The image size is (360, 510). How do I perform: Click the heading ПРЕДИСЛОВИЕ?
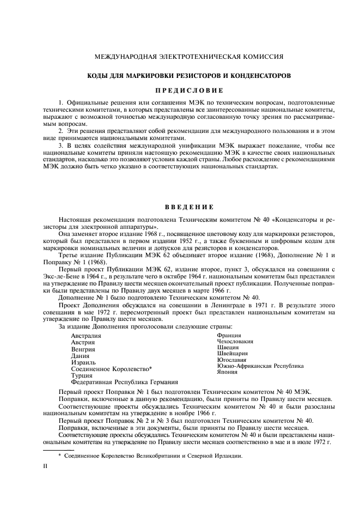(179, 89)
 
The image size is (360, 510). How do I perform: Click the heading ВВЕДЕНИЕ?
(179, 207)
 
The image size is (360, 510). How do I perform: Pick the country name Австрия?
(83, 342)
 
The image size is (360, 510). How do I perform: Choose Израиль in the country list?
(83, 362)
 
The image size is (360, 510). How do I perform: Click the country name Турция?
(82, 375)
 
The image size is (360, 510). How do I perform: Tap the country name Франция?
(229, 335)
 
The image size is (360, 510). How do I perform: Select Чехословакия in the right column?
(235, 341)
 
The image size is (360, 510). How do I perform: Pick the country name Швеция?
(228, 347)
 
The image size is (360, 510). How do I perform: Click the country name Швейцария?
(232, 353)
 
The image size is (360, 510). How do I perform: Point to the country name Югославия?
(232, 360)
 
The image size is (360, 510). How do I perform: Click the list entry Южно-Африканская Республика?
(260, 366)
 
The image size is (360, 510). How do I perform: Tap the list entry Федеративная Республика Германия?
(124, 382)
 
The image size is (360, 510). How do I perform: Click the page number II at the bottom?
(46, 466)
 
